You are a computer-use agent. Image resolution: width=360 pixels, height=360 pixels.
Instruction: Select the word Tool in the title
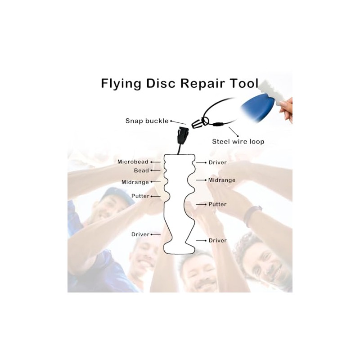click(245, 84)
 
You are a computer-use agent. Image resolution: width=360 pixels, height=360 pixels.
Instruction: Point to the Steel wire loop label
click(238, 142)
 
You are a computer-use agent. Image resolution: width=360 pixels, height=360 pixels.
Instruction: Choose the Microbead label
click(133, 162)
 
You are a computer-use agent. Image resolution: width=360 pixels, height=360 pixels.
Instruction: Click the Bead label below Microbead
click(141, 171)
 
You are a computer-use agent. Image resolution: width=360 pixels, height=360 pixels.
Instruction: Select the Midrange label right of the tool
click(222, 180)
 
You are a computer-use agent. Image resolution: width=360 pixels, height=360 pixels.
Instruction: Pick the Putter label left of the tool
click(140, 196)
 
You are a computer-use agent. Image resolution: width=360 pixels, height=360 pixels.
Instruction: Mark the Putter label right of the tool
click(217, 204)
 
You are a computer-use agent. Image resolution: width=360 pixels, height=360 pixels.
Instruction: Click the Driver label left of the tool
click(140, 234)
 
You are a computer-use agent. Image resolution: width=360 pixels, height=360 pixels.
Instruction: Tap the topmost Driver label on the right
click(217, 162)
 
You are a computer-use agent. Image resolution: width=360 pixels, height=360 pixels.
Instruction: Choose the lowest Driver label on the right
click(217, 240)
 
